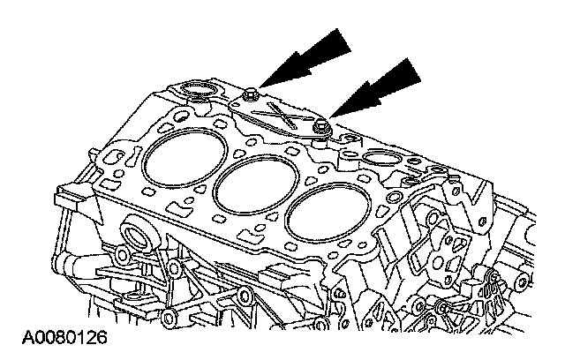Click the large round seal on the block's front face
click(x=138, y=236)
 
